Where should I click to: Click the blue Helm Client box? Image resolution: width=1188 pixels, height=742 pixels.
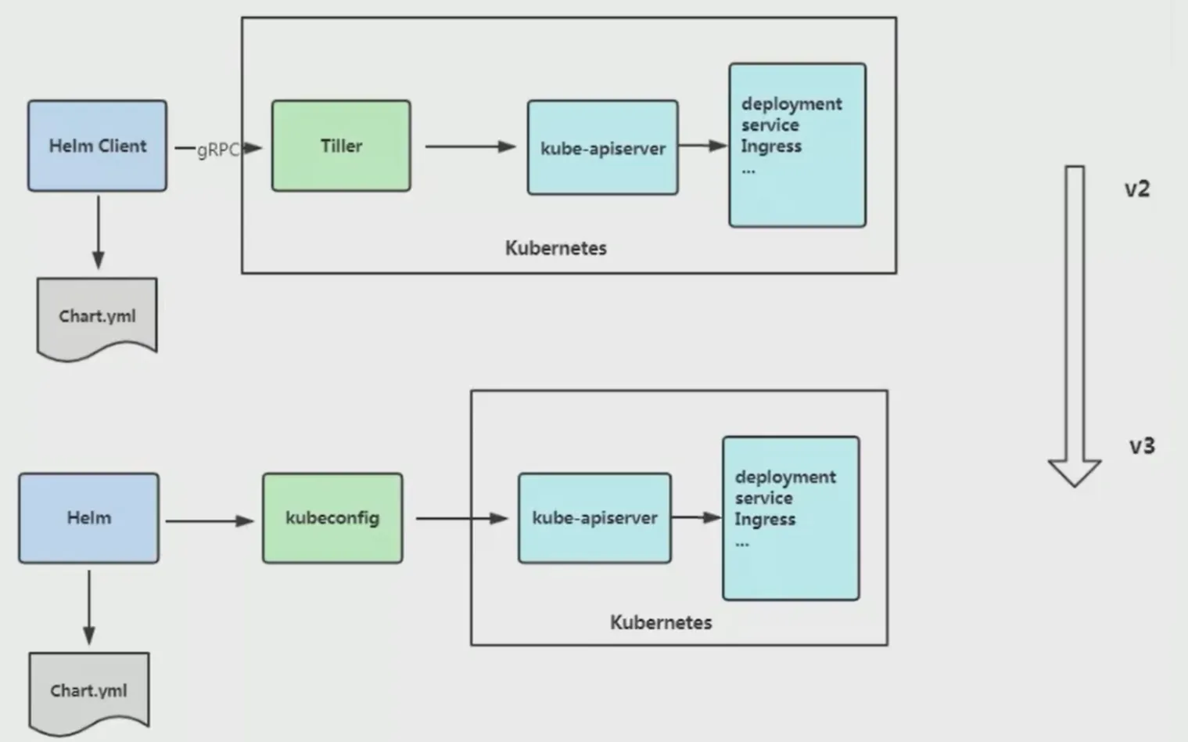(97, 146)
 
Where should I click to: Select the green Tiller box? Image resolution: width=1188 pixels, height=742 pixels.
(341, 146)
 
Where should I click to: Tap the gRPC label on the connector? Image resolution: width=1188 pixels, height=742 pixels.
(217, 149)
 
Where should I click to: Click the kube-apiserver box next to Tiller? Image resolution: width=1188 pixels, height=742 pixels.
(602, 147)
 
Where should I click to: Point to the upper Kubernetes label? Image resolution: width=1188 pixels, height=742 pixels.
(555, 248)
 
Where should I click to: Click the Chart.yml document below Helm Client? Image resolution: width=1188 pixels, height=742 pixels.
(97, 316)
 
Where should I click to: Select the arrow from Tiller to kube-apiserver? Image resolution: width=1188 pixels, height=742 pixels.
(469, 146)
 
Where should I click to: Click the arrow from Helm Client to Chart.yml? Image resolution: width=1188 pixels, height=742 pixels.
(98, 232)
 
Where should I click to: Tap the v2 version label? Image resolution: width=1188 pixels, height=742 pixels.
(1136, 189)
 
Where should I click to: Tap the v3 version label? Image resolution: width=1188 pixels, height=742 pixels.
(1141, 445)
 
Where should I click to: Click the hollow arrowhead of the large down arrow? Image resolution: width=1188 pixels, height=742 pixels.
(1075, 471)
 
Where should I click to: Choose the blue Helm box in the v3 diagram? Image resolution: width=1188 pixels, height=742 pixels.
(89, 517)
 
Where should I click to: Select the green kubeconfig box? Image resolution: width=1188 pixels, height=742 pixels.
(332, 517)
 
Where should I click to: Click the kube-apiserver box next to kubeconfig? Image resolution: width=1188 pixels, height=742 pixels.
(594, 517)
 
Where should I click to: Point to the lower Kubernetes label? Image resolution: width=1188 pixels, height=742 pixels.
(661, 622)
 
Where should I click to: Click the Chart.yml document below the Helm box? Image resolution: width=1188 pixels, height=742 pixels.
(88, 690)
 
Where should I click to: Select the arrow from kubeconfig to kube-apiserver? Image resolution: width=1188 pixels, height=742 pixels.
(461, 518)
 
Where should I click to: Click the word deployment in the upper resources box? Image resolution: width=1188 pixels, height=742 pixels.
(791, 104)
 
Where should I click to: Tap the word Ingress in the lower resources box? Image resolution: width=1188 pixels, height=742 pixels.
(764, 519)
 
